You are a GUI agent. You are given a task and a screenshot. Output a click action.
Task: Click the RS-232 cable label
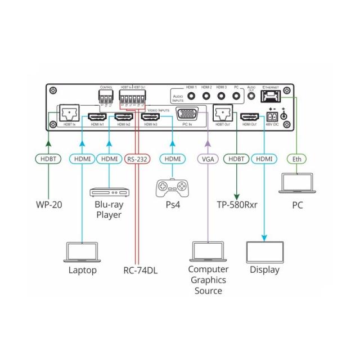tap(137, 159)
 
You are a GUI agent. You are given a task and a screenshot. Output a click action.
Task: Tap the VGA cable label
tap(207, 159)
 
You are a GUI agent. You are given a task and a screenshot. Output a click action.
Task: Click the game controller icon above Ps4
tap(172, 187)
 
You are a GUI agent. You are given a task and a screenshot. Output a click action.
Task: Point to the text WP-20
tap(49, 205)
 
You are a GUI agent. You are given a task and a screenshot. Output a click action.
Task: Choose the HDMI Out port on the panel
tap(249, 117)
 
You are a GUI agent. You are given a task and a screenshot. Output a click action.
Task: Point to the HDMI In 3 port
tap(150, 118)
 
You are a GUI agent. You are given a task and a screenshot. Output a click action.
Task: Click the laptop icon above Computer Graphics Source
tap(208, 251)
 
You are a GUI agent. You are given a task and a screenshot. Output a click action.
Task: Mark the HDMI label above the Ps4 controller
tap(172, 159)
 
